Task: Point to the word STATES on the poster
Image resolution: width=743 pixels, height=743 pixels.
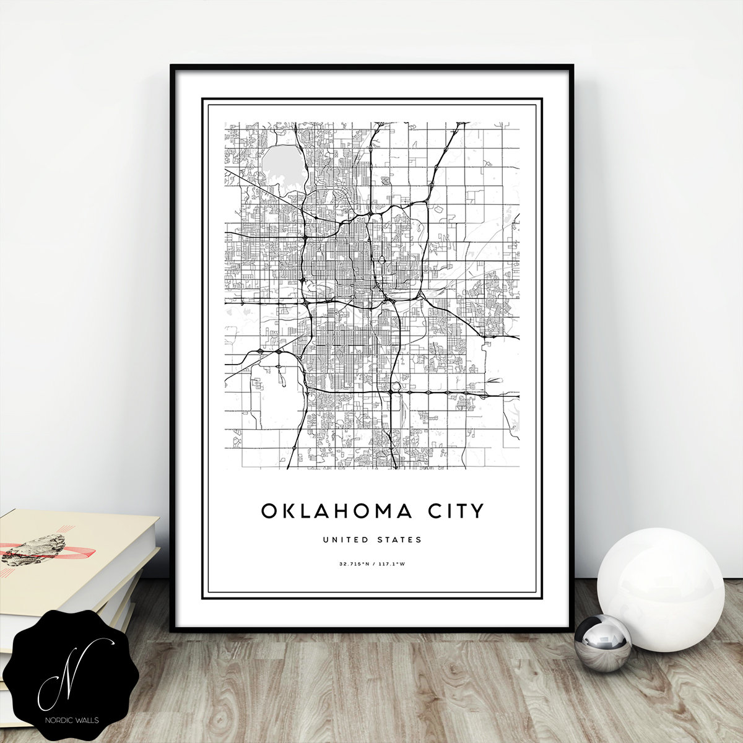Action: [x=399, y=540]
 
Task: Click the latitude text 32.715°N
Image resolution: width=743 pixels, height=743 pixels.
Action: [x=353, y=564]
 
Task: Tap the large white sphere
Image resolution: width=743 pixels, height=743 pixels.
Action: [x=660, y=589]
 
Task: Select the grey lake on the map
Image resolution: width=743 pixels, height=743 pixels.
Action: [x=284, y=166]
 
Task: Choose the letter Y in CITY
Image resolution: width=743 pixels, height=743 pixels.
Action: [x=477, y=511]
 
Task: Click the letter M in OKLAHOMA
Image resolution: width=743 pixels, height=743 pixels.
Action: [x=381, y=511]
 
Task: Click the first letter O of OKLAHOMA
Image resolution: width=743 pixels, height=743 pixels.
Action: [x=269, y=511]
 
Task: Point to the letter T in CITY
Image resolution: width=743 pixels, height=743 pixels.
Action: [x=462, y=511]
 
